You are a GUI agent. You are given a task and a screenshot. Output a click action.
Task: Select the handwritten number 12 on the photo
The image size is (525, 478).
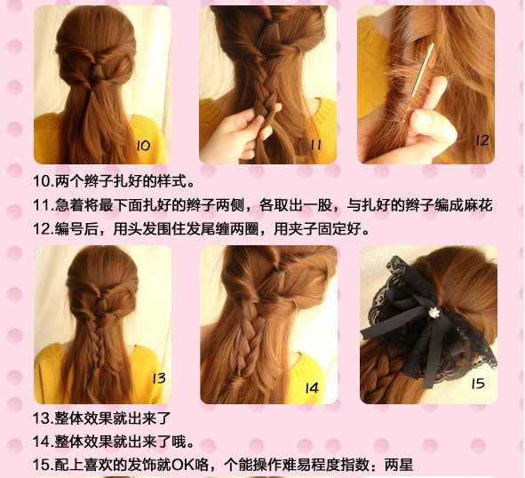click(481, 140)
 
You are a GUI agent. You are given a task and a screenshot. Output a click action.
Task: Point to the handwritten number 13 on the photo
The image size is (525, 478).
click(158, 378)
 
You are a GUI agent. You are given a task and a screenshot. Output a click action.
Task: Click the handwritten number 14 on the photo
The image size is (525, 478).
click(312, 388)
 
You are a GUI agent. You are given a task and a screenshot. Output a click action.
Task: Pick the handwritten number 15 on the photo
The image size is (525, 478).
click(477, 383)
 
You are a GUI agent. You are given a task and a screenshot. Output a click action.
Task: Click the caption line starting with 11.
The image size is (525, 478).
click(262, 205)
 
